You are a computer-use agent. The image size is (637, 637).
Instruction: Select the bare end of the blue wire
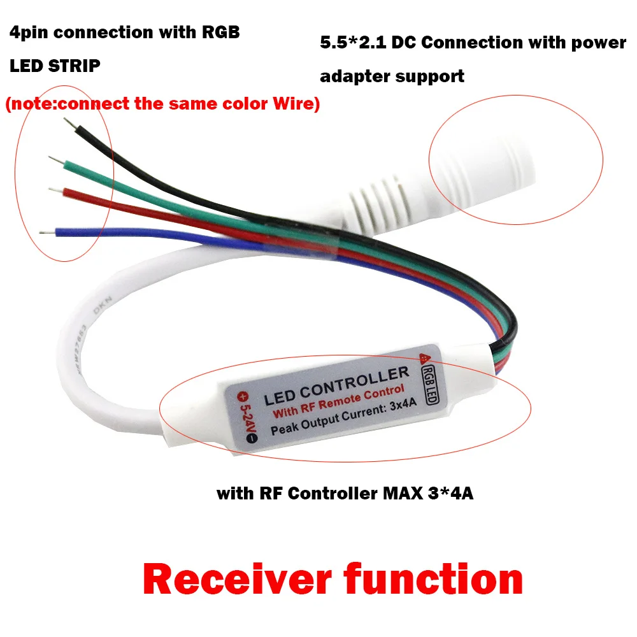coord(45,233)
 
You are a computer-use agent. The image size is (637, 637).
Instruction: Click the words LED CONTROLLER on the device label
coord(336,386)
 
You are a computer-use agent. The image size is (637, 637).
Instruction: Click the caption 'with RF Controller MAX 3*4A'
coord(345,494)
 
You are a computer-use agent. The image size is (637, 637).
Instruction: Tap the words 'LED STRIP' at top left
coord(55,66)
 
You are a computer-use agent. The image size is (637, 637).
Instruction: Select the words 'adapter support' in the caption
coord(391,77)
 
